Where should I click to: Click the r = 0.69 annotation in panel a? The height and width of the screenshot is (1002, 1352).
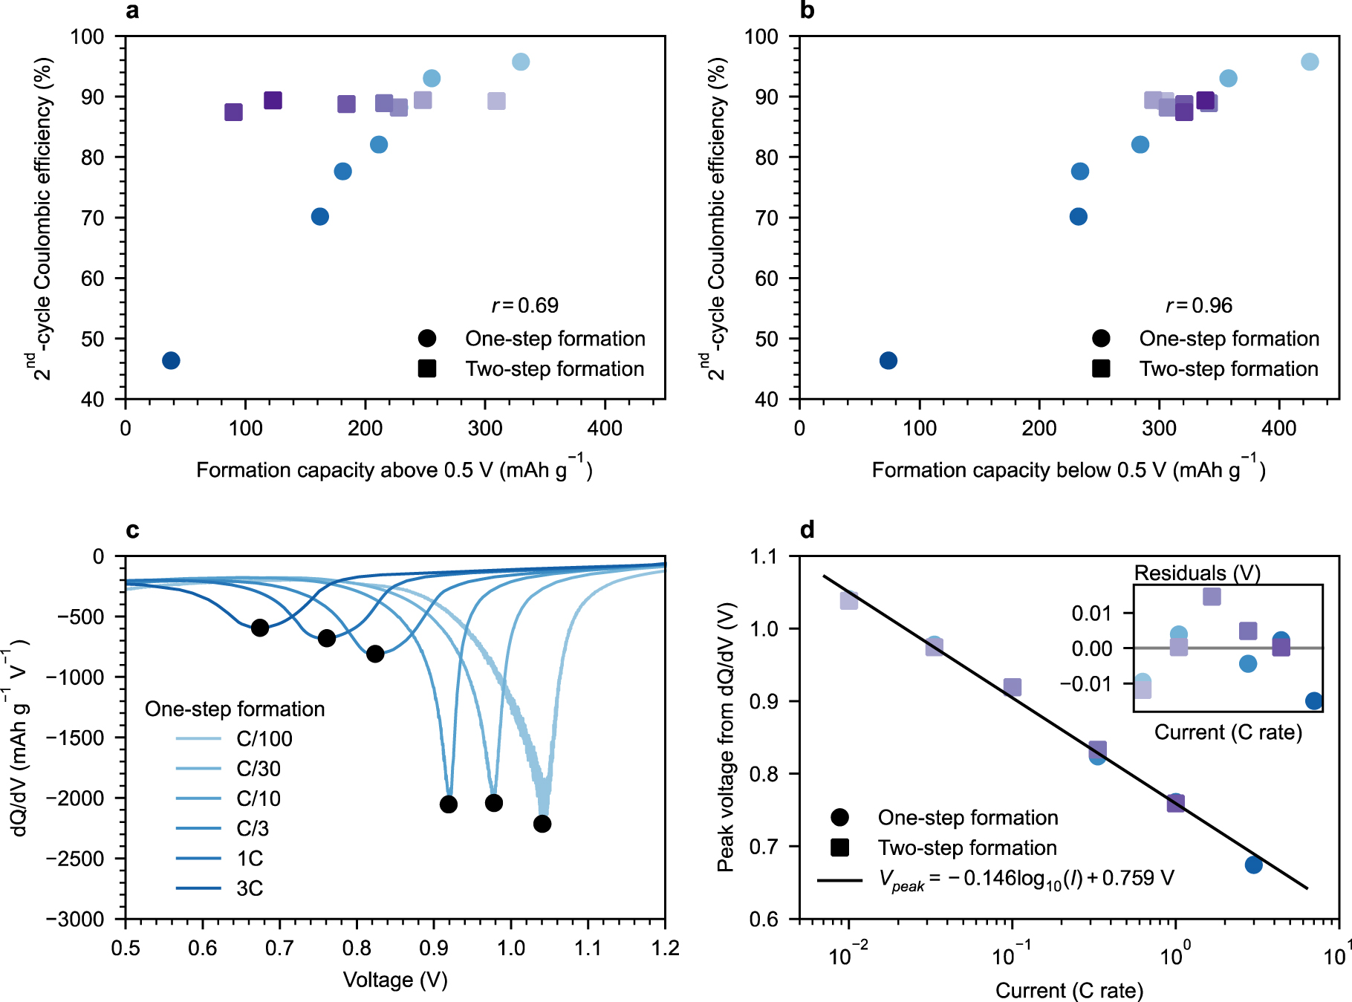[x=524, y=305]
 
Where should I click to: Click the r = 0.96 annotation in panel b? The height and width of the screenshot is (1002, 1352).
[x=1198, y=305]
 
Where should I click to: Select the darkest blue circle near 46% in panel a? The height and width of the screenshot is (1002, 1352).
[x=171, y=360]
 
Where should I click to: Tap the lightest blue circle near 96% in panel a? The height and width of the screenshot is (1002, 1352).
[x=521, y=62]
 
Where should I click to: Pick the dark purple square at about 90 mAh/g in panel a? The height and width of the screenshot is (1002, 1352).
[x=233, y=112]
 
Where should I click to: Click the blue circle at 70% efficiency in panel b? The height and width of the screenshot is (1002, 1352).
[x=1078, y=217]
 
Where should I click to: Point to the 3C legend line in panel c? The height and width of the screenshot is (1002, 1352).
[x=198, y=888]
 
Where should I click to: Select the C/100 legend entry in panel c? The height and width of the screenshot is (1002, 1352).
[x=264, y=739]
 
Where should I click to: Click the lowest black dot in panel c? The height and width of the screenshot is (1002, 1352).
[x=542, y=824]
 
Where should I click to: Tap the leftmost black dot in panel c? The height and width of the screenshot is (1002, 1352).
[x=259, y=628]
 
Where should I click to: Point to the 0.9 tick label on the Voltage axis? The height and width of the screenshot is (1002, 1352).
[x=434, y=949]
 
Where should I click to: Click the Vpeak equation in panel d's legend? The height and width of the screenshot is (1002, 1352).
[x=1026, y=879]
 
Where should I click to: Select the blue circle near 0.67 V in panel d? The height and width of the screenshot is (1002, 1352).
[x=1253, y=865]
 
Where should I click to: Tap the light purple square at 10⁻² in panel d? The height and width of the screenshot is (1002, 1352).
[x=849, y=600]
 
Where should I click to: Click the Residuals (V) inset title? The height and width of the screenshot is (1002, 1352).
[x=1197, y=573]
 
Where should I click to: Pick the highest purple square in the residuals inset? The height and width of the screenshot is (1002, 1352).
[x=1212, y=596]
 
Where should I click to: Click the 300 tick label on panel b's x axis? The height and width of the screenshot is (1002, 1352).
[x=1159, y=429]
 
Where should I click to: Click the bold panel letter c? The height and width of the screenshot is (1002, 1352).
[x=132, y=530]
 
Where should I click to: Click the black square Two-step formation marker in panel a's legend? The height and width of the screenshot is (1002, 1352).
[x=427, y=368]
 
